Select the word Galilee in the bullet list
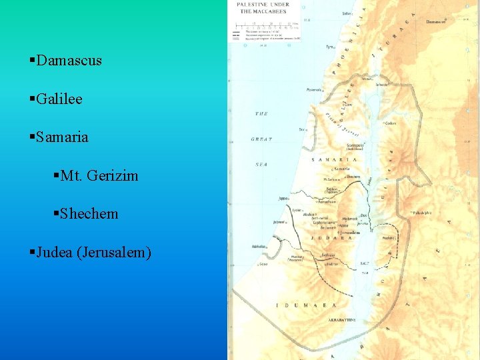59,99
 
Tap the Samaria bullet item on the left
62,137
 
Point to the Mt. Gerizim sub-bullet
99,176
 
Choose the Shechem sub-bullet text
89,214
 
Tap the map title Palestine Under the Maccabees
266,8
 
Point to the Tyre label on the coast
329,47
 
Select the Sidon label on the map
347,13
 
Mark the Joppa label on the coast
284,198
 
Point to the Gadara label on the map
391,123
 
